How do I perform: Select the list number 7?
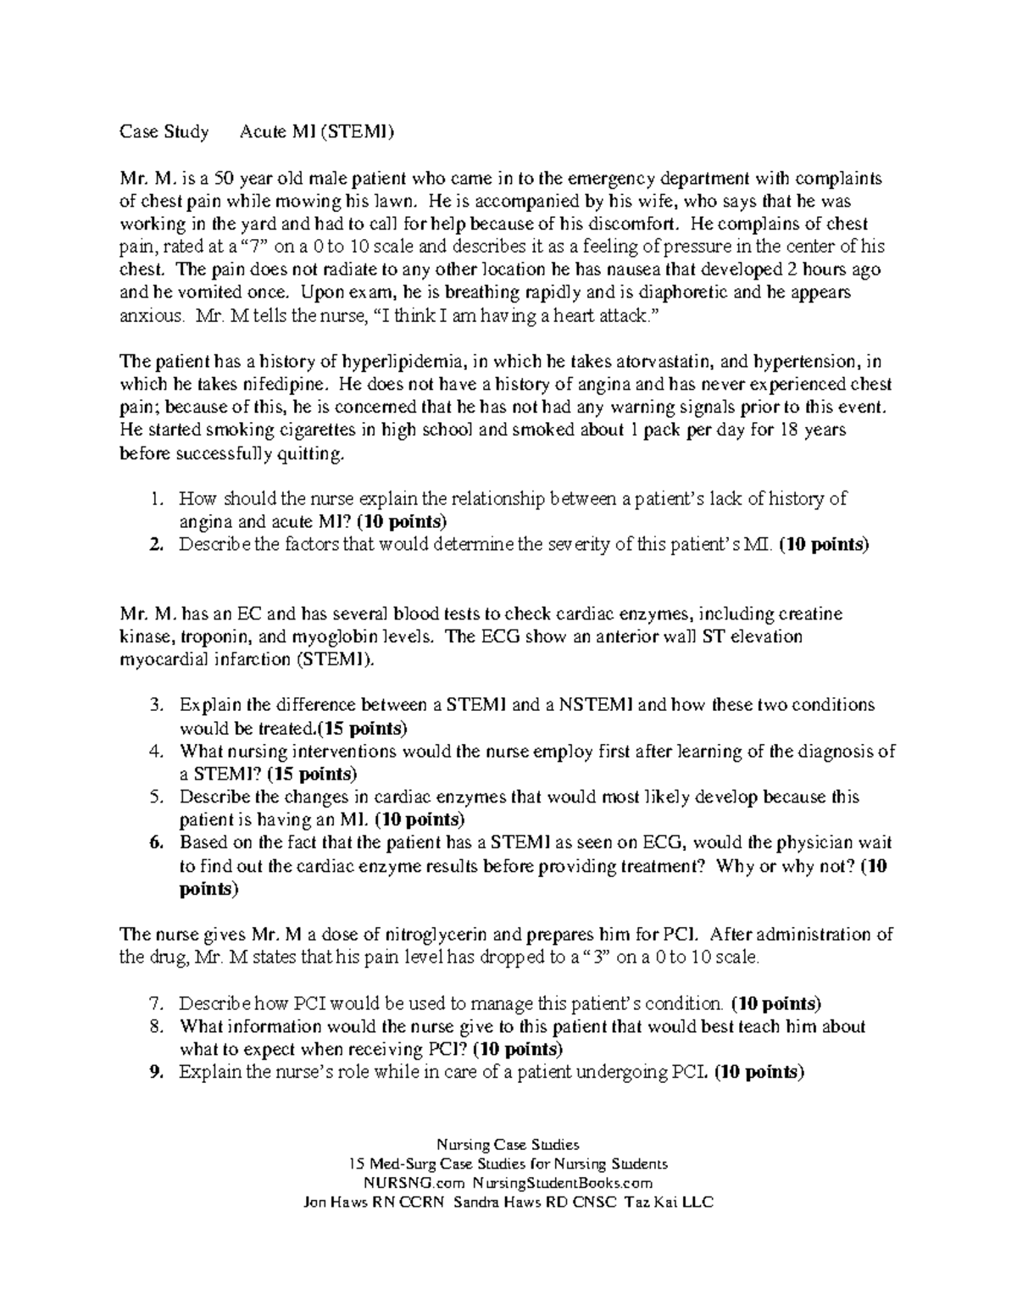[154, 1004]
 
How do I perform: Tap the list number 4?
[154, 752]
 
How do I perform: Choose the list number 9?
[154, 1073]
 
